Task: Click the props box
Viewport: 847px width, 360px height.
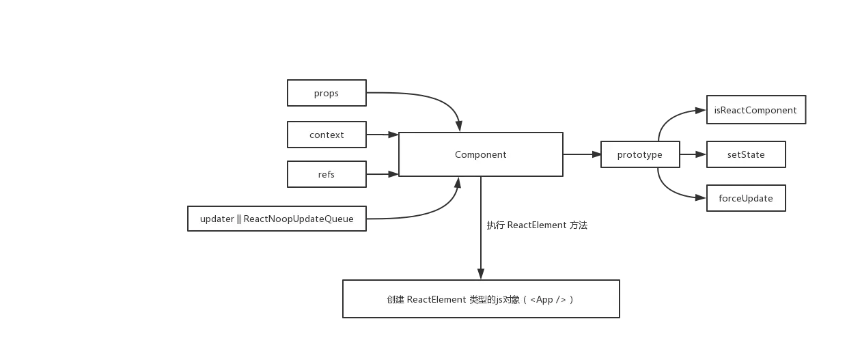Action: (327, 93)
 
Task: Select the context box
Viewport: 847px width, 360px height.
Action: (327, 135)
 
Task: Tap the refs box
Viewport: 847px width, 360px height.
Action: (327, 174)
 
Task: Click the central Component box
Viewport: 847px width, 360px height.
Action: (480, 154)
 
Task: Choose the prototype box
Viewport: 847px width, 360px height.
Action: (639, 154)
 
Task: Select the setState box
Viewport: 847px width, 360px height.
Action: (745, 154)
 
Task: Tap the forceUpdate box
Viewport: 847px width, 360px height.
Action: (745, 198)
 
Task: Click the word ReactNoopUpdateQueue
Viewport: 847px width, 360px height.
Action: (298, 219)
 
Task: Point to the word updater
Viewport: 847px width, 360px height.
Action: (216, 219)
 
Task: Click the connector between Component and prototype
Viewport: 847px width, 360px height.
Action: (580, 155)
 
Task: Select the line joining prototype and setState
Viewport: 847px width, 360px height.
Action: (693, 155)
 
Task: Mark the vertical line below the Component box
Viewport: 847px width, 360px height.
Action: (481, 253)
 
